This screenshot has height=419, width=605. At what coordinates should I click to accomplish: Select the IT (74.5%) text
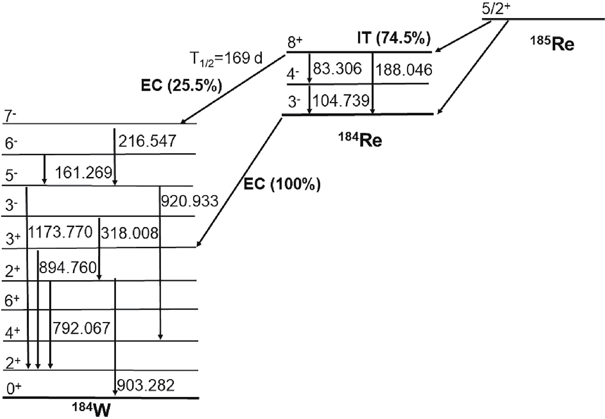pyautogui.click(x=393, y=38)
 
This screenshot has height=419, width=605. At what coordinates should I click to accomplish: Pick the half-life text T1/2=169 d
pyautogui.click(x=226, y=59)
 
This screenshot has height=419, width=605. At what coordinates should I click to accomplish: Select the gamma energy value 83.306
pyautogui.click(x=337, y=69)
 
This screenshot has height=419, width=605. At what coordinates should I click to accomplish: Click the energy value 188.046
pyautogui.click(x=404, y=70)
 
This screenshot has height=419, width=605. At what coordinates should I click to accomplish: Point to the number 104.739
pyautogui.click(x=341, y=101)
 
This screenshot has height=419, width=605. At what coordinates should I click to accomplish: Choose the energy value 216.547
pyautogui.click(x=147, y=141)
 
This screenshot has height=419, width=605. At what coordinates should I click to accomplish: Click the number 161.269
pyautogui.click(x=83, y=173)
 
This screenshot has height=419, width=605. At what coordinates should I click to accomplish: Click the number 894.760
pyautogui.click(x=68, y=267)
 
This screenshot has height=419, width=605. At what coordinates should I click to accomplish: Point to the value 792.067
pyautogui.click(x=81, y=328)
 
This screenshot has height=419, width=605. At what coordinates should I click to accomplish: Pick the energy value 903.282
pyautogui.click(x=146, y=385)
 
